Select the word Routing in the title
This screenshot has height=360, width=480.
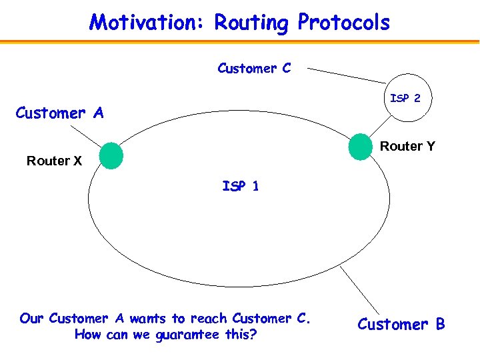coord(253,23)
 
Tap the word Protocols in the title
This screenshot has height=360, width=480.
coord(343,23)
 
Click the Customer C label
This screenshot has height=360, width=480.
coord(254,68)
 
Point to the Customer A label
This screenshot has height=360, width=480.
coord(59,113)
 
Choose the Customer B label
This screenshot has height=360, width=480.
coord(401,325)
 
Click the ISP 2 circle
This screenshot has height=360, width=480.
coord(405,98)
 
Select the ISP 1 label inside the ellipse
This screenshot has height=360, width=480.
coord(240,186)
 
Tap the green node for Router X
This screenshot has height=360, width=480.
coord(111,155)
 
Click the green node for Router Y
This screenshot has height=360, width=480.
coord(360,147)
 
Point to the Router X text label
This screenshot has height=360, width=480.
coord(54,161)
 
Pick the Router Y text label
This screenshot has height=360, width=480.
coord(407,146)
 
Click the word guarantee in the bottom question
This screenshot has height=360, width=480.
coord(189,335)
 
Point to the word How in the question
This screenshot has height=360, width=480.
coord(87,335)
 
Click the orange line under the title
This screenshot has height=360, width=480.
coord(240,42)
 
